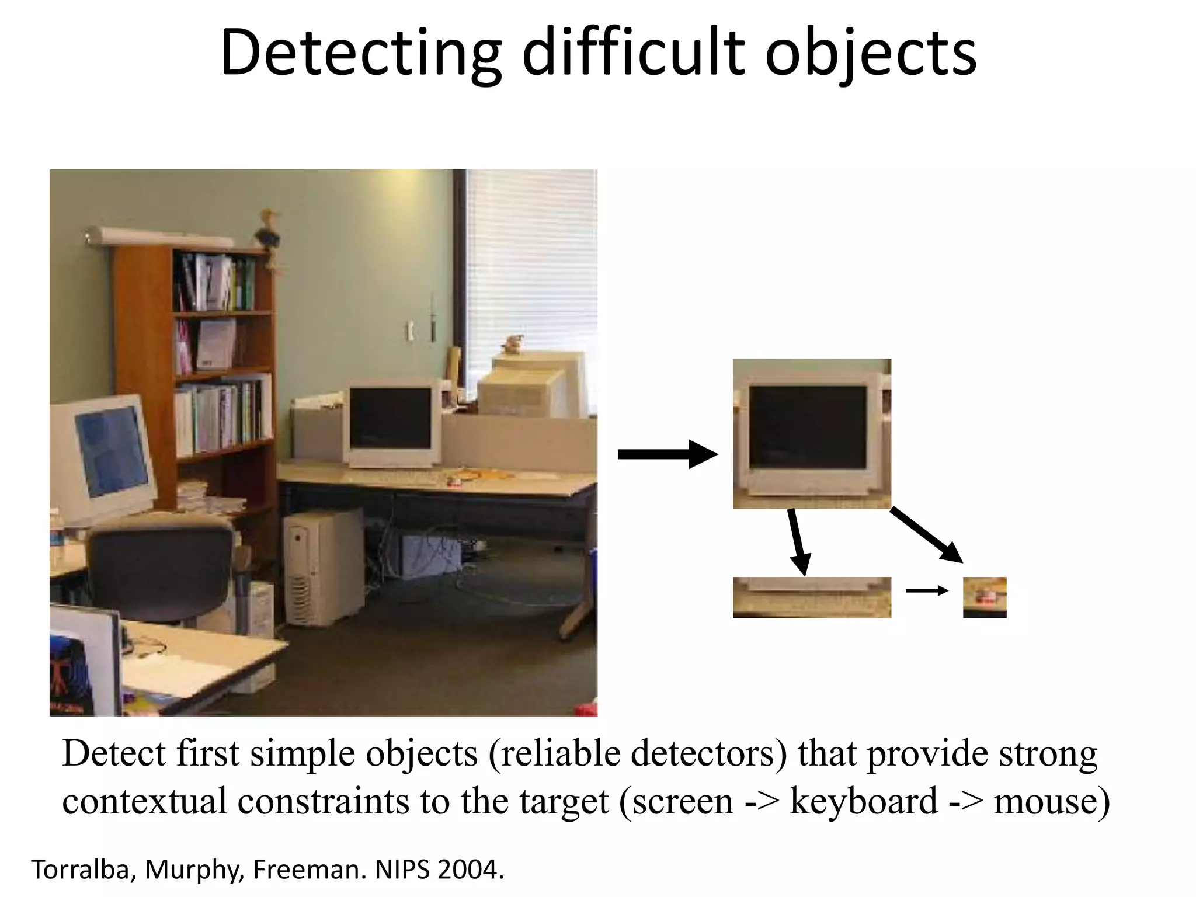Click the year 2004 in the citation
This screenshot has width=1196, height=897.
click(470, 870)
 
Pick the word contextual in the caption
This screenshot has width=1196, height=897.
click(144, 801)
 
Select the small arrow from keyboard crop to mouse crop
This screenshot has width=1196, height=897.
click(927, 591)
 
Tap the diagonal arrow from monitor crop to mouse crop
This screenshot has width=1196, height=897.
click(926, 535)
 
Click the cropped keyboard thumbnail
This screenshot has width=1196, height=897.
click(812, 597)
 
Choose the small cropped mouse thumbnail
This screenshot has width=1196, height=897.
click(985, 597)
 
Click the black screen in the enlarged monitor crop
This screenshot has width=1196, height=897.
click(808, 427)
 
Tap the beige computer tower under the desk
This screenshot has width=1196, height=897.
click(324, 566)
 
